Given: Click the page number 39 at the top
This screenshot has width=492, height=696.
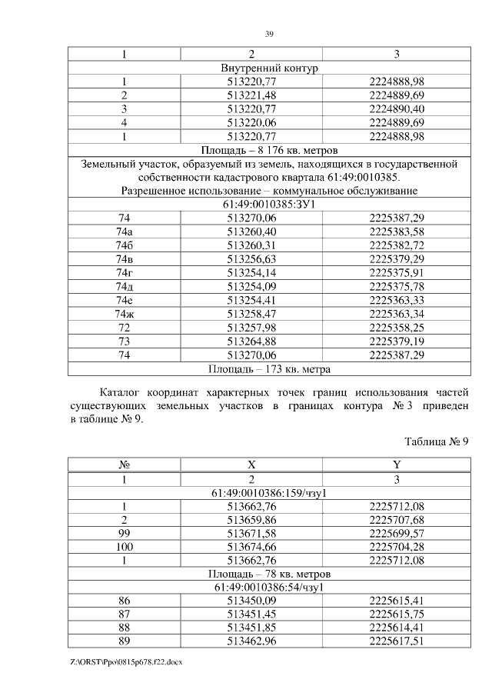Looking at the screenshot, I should point(269,34).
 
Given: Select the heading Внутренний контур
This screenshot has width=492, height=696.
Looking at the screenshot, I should point(269,68).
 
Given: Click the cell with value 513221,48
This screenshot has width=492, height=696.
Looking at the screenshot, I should point(268,95).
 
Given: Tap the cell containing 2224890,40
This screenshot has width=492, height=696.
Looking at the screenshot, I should point(397,109).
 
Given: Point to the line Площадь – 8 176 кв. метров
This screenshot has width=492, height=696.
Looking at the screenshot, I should point(269,150).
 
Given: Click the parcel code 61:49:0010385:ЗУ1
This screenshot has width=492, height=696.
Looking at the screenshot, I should point(269,205).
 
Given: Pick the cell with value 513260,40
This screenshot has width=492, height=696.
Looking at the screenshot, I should point(268,231).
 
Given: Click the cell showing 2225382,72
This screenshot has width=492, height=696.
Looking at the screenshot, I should point(397,245).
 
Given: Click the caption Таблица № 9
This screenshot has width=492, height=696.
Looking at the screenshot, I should point(436,441).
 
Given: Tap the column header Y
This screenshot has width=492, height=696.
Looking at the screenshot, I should point(397,465).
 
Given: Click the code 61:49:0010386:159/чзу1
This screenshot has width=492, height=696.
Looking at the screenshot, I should point(269,492).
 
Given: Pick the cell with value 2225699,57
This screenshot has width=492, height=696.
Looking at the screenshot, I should point(397,533).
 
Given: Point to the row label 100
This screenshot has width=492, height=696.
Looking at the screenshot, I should point(124,547).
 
